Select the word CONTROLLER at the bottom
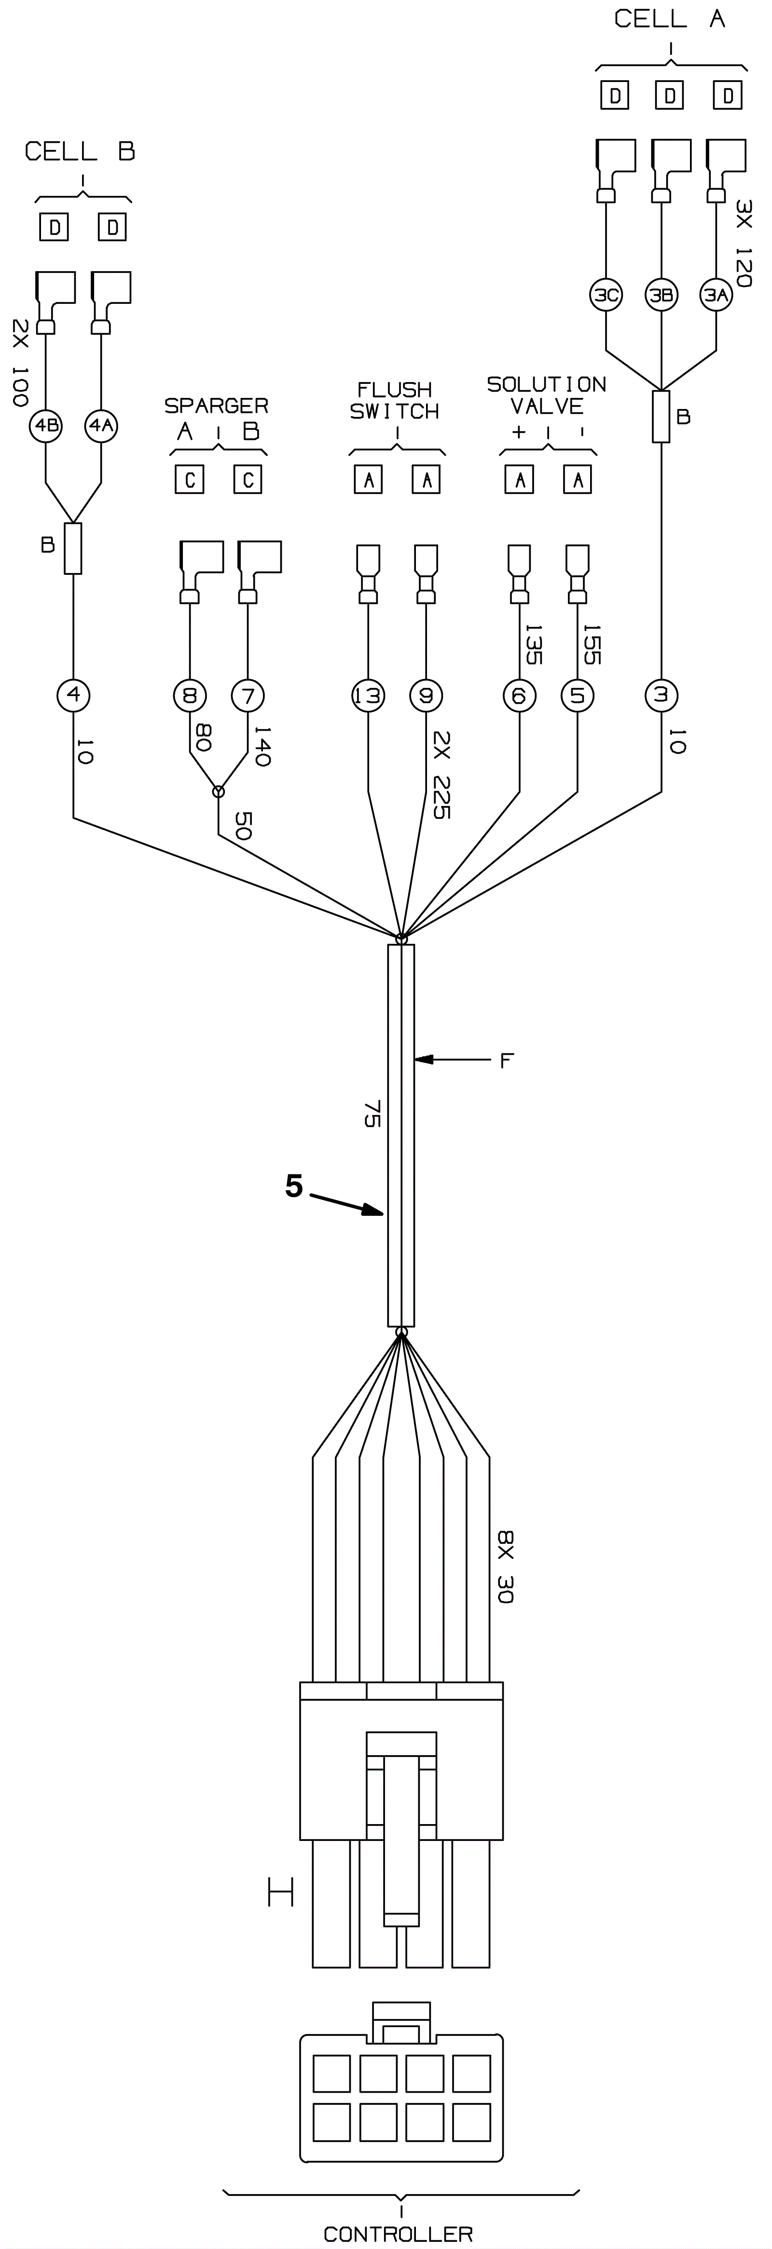click(398, 2233)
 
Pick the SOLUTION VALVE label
click(547, 395)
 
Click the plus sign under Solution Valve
click(519, 431)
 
